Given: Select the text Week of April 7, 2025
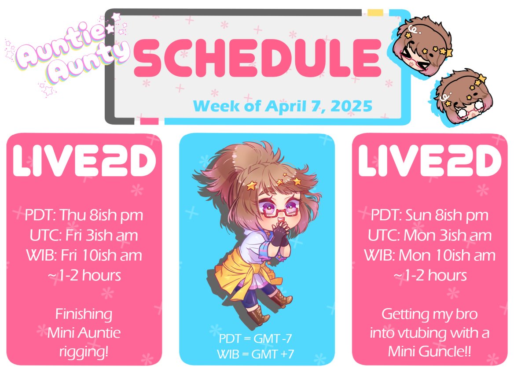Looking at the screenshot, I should pyautogui.click(x=282, y=106).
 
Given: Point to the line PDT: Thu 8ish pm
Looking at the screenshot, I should pyautogui.click(x=84, y=215).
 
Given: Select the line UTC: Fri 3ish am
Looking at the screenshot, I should pyautogui.click(x=84, y=235).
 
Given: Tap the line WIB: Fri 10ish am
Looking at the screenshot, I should pyautogui.click(x=84, y=255).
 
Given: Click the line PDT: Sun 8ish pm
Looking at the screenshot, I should pyautogui.click(x=430, y=215).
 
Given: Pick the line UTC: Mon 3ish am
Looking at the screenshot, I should pyautogui.click(x=430, y=235).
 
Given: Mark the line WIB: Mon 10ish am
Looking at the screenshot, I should pyautogui.click(x=430, y=255).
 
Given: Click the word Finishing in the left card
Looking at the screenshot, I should pyautogui.click(x=84, y=314).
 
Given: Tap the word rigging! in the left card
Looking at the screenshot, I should pyautogui.click(x=84, y=352).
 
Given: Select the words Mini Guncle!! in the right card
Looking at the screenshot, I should pyautogui.click(x=430, y=352).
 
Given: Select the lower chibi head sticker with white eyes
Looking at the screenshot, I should pyautogui.click(x=462, y=99).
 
